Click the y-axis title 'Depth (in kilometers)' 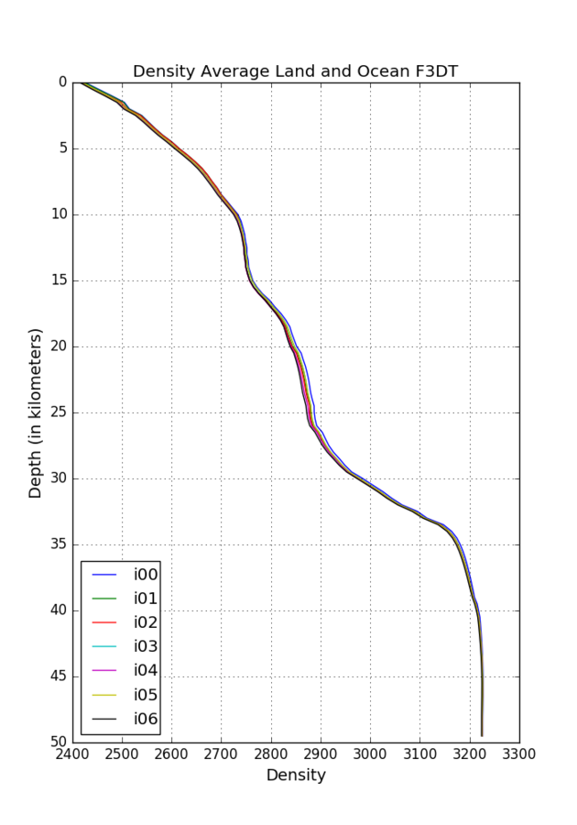pos(36,412)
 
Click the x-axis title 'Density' pos(296,775)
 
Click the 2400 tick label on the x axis pos(73,755)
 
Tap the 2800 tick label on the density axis pos(271,755)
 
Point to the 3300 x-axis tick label pos(518,755)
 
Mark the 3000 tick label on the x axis pos(370,755)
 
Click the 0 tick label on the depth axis pos(62,82)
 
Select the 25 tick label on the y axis pos(59,412)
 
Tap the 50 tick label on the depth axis pos(59,742)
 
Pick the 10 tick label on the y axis pos(59,214)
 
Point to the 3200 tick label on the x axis pos(469,755)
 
